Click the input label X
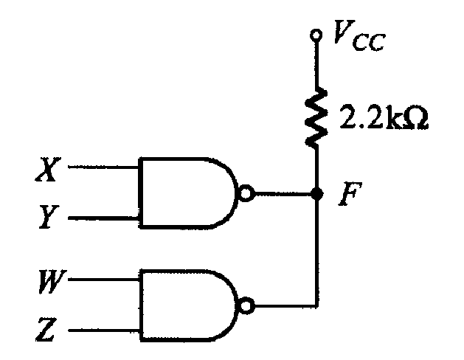click(x=47, y=169)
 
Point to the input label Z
click(x=46, y=329)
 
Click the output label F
click(x=350, y=194)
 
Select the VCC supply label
click(x=359, y=35)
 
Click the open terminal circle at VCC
click(x=316, y=35)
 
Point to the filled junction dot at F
click(x=316, y=194)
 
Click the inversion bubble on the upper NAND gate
click(x=246, y=193)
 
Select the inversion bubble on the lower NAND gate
click(x=246, y=306)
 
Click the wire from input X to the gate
click(x=103, y=167)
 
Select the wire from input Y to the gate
click(x=103, y=218)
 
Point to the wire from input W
click(x=103, y=280)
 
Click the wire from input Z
click(x=103, y=330)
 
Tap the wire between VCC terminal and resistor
click(x=316, y=64)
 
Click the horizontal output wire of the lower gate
click(x=286, y=306)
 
